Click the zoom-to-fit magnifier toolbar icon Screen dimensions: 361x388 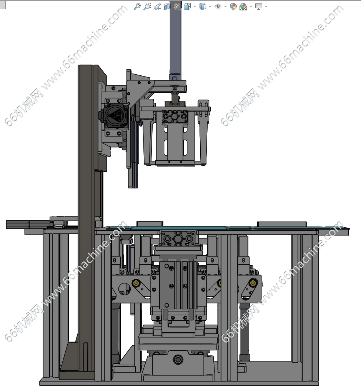point(137,7)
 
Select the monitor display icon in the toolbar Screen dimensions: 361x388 point(259,7)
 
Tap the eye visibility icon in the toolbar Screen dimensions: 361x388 point(218,7)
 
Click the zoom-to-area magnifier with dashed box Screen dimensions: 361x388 point(147,7)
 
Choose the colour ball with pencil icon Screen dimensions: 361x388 point(233,7)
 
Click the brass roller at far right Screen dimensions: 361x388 point(253,283)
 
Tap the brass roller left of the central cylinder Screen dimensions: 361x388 point(136,283)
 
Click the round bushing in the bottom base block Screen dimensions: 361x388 point(178,359)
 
